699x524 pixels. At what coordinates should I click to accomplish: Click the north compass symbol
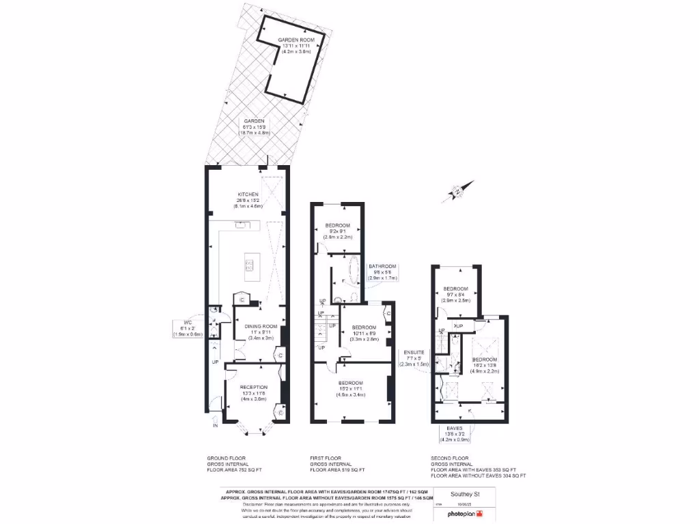[458, 192]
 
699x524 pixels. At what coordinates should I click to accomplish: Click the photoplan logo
[462, 514]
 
